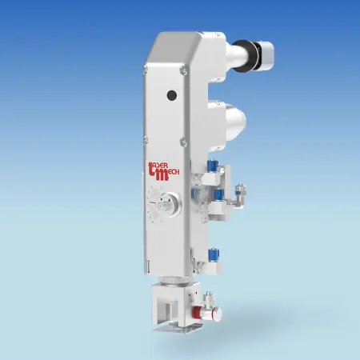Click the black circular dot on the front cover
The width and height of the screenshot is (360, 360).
172,95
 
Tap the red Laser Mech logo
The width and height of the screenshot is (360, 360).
163,171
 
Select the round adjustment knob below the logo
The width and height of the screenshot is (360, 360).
167,205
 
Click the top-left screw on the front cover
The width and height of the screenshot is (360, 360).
146,70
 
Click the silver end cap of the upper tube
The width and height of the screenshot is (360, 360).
266,54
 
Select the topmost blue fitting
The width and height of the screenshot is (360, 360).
213,164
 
